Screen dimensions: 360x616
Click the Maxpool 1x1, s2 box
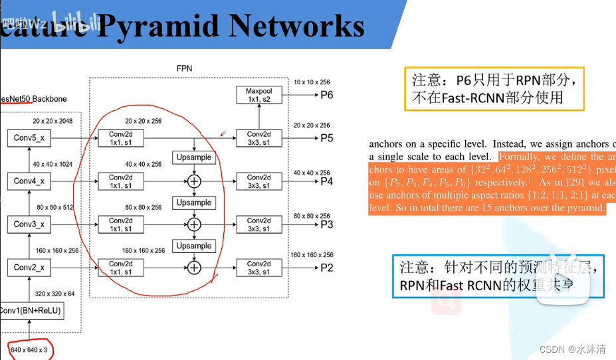(258, 95)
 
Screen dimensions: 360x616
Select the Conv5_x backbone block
(29, 138)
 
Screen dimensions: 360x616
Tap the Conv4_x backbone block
(29, 181)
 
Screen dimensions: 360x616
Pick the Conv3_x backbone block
(29, 224)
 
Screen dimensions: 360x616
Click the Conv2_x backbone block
(29, 268)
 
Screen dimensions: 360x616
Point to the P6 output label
(326, 95)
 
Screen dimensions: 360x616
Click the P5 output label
(326, 138)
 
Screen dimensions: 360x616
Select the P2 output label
(326, 268)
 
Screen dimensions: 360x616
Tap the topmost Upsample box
(194, 157)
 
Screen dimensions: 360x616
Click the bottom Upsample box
(194, 246)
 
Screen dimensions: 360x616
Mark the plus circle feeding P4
(194, 181)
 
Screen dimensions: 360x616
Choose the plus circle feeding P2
(194, 268)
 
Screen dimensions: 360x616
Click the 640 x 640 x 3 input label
(29, 349)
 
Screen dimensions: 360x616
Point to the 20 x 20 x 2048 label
(52, 122)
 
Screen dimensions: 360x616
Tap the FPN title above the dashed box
(184, 68)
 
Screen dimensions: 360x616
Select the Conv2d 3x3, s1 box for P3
(258, 225)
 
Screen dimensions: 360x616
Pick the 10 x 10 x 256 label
(312, 82)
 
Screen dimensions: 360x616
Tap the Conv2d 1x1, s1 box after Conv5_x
(121, 138)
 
